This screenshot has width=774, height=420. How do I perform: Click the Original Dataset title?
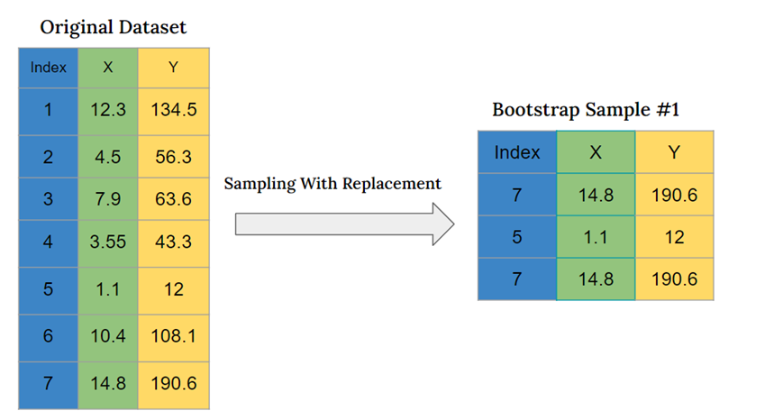114,27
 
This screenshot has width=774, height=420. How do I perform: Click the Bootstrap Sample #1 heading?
585,110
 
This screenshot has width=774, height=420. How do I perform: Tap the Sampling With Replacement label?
332,184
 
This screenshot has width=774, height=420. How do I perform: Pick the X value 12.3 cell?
108,110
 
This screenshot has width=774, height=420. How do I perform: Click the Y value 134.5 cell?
174,110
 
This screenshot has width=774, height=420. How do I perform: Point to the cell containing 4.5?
108,156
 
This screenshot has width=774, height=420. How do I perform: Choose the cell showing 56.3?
174,156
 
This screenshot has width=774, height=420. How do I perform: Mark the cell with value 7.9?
108,199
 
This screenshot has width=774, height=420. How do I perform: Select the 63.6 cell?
174,199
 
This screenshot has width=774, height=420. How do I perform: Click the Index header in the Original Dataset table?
48,68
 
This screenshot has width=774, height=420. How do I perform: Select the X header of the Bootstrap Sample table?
596,152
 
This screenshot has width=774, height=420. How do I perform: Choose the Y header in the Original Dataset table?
174,68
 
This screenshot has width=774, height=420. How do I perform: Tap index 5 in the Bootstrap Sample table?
517,237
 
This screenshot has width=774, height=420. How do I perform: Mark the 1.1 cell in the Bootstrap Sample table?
596,237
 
